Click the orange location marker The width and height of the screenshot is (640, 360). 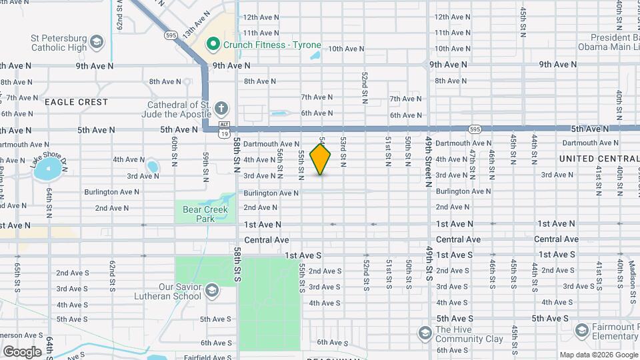tap(321, 159)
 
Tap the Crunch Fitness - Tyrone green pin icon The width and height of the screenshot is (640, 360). tap(213, 45)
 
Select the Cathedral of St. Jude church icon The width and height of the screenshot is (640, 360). tap(221, 108)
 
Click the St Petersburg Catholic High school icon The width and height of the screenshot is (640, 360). tap(97, 42)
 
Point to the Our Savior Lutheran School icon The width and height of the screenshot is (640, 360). tap(211, 291)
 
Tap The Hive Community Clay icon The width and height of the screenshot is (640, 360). tap(425, 332)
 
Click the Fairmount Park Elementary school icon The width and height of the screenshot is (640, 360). tap(582, 330)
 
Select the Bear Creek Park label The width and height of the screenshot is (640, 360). tap(205, 214)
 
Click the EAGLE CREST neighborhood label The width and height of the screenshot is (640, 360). tap(76, 102)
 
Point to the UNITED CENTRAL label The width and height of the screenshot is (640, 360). tap(599, 159)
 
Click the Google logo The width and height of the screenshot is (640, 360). tap(23, 351)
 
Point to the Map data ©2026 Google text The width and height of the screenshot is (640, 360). tap(599, 355)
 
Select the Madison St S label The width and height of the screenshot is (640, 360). tap(632, 273)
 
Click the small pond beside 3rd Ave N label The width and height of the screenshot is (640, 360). tap(153, 167)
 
